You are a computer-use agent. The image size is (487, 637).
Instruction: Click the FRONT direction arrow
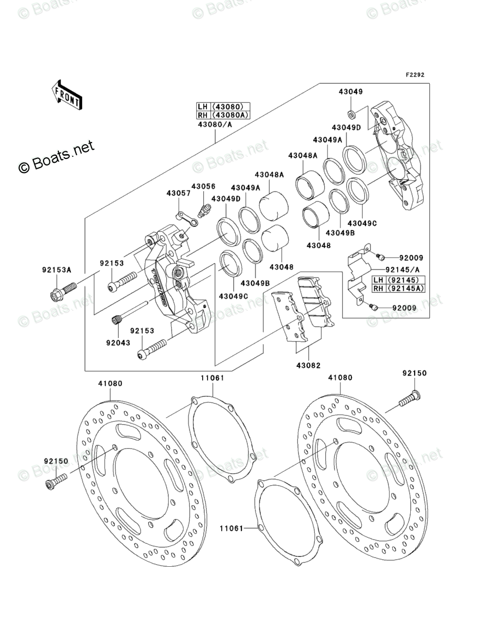(67, 95)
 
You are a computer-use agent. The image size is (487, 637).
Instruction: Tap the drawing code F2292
(415, 75)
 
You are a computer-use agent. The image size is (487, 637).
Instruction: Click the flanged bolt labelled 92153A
(64, 291)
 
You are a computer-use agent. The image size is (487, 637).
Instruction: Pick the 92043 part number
(118, 342)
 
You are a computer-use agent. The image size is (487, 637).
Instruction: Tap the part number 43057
(179, 193)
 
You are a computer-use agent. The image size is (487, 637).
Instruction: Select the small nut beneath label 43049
(351, 113)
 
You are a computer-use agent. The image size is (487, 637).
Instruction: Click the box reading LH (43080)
(223, 107)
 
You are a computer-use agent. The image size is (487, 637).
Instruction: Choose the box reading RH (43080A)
(223, 115)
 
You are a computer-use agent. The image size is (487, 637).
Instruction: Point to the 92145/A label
(403, 269)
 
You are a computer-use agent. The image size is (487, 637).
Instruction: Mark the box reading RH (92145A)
(398, 289)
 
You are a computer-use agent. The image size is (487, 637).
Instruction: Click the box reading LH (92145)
(398, 280)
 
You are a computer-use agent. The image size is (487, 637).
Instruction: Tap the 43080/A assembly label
(215, 125)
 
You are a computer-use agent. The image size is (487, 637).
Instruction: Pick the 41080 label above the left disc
(110, 383)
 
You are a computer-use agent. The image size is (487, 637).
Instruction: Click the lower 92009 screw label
(405, 308)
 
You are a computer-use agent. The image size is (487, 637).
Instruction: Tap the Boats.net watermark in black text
(57, 157)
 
